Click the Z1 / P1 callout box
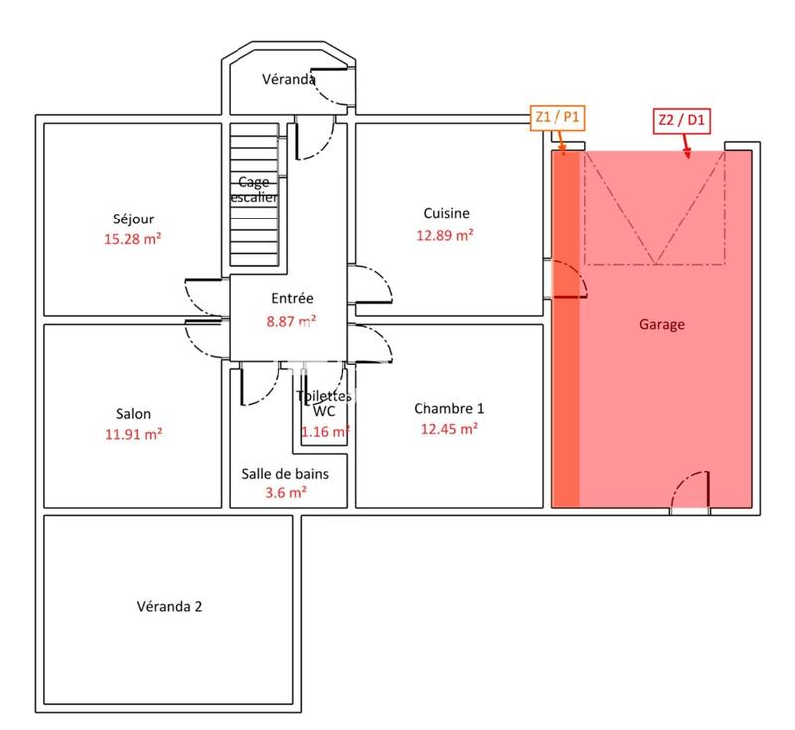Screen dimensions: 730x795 pos(558,118)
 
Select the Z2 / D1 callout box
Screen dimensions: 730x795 pos(681,120)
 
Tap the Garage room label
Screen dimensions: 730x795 pos(661,324)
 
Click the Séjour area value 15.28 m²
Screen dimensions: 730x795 pos(133,239)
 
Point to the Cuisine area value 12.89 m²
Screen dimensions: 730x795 pos(446,235)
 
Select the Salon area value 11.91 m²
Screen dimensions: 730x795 pos(133,434)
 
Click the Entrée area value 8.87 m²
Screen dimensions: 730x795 pos(292,321)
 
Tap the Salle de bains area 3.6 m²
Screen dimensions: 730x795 pos(285,492)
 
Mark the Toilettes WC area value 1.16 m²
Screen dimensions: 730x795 pos(325,432)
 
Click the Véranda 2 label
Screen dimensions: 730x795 pos(169,606)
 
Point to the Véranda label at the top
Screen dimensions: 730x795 pos(288,79)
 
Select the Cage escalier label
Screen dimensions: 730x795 pos(253,189)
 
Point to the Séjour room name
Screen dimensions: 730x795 pos(133,219)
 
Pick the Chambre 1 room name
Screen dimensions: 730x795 pos(449,408)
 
